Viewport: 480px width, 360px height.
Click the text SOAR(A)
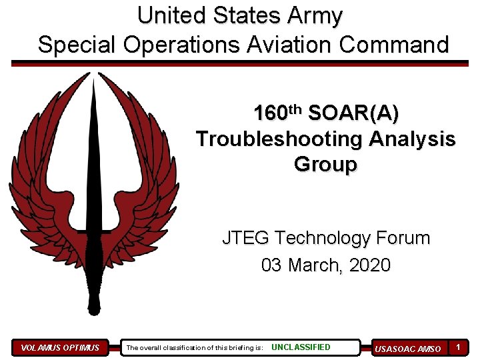click(x=354, y=114)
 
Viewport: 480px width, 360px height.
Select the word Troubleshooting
click(x=278, y=139)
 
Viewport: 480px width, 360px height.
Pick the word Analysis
click(x=410, y=139)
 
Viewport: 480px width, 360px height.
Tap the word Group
click(x=325, y=164)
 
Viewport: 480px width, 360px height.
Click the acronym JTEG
click(x=246, y=238)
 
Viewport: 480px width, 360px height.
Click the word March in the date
click(x=315, y=265)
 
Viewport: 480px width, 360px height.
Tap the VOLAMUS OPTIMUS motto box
click(x=60, y=347)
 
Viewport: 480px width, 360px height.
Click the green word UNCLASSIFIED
click(x=301, y=347)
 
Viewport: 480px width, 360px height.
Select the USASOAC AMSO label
click(x=407, y=348)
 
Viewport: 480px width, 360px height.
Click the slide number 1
click(x=459, y=347)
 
